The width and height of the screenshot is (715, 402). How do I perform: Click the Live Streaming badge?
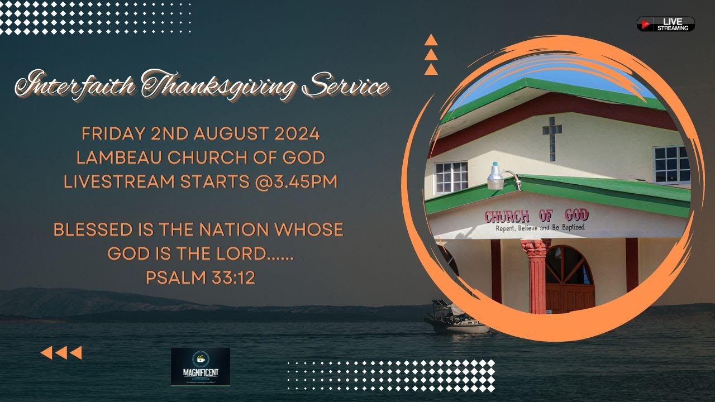666,24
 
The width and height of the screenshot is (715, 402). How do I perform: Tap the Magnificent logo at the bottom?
200,366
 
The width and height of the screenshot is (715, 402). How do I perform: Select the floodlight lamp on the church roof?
495,176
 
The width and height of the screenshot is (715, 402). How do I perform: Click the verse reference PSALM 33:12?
200,277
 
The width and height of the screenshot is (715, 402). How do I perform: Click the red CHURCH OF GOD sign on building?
536,216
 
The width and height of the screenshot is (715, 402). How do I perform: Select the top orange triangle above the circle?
431,40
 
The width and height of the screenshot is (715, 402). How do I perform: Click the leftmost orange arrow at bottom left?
47,353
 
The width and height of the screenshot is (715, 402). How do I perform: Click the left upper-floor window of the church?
451,178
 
